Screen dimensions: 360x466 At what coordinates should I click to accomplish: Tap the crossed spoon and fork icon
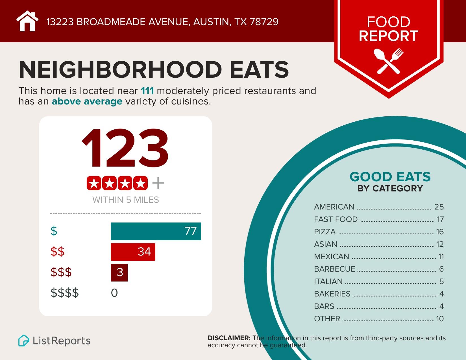(x=388, y=61)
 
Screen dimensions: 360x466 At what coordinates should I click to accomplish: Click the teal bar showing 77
(x=156, y=231)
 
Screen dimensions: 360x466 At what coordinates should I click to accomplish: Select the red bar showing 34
(x=133, y=252)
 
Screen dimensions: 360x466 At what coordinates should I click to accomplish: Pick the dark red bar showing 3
(x=119, y=272)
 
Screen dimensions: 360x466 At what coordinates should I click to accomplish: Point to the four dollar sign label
(x=65, y=293)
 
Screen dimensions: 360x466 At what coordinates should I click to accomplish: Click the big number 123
(x=125, y=149)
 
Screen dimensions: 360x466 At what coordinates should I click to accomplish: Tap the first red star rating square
(x=94, y=184)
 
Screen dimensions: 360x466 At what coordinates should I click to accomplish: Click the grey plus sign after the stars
(x=158, y=184)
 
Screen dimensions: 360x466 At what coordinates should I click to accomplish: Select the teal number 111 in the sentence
(x=147, y=91)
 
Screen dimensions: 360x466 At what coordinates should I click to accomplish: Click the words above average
(x=87, y=101)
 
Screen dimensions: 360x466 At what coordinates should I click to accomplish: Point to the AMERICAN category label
(x=334, y=207)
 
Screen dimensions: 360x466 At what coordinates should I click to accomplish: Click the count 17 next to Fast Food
(x=440, y=219)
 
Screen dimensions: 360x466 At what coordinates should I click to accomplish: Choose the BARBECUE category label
(x=334, y=269)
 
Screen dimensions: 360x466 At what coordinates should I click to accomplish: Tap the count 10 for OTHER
(x=440, y=319)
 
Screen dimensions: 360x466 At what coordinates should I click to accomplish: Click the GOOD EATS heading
(x=390, y=177)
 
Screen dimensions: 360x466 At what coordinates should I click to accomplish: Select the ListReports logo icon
(x=24, y=341)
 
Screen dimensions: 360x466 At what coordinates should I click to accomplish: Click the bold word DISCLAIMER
(x=229, y=338)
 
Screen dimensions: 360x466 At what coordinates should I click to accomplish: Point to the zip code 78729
(x=264, y=22)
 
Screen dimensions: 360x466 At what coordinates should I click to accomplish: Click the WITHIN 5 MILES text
(x=125, y=200)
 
